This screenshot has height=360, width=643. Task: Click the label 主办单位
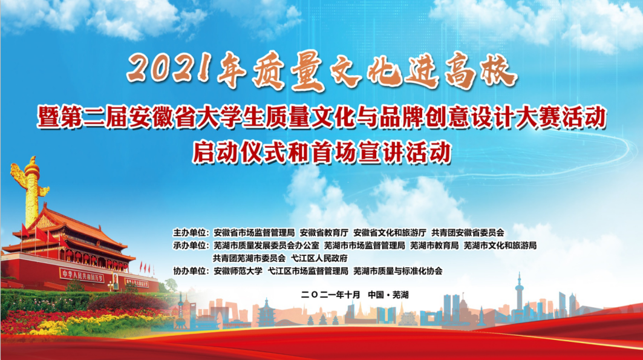point(191,233)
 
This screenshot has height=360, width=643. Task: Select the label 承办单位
point(191,246)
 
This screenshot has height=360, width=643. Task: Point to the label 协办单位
point(191,271)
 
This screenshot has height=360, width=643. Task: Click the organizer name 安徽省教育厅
point(324,233)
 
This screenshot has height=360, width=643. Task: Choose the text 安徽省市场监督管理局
point(254,233)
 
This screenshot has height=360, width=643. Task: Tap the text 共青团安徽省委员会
point(468,233)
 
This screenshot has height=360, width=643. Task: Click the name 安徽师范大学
point(238,271)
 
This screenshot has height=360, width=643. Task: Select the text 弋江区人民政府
point(319,258)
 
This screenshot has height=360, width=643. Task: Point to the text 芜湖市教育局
point(434,246)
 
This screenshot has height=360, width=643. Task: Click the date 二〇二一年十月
point(330,295)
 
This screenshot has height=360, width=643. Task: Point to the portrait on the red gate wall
point(115,281)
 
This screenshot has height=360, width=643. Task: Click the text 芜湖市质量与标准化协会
point(398,271)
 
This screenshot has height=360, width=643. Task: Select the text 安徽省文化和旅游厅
point(390,233)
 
